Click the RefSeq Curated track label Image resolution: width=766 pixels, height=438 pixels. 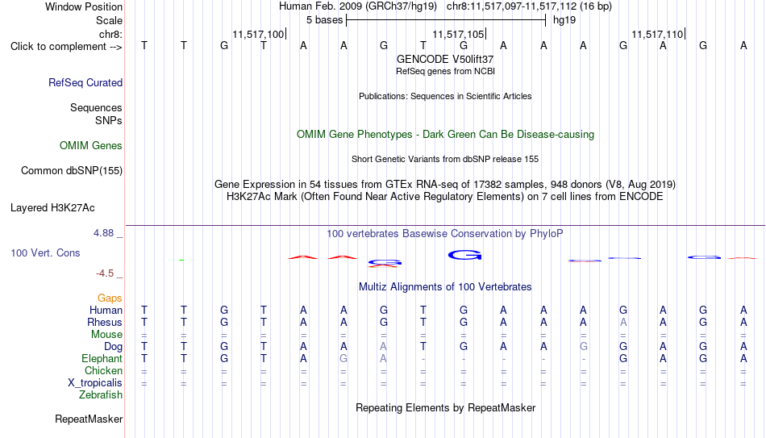coord(85,82)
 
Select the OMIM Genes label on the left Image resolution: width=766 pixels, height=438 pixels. coord(91,146)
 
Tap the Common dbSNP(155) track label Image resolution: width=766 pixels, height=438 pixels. coord(72,171)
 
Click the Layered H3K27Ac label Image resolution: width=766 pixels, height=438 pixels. coord(52,208)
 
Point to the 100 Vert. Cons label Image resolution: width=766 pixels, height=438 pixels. coord(45,252)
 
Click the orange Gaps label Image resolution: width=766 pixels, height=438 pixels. coord(110,298)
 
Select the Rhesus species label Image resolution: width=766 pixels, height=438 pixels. coord(105,322)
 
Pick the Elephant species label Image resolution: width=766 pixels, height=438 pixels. coord(102,359)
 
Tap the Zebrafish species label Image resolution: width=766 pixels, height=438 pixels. coord(101,395)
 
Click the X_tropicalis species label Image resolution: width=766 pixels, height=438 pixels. coord(95,383)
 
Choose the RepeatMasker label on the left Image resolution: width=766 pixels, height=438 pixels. coord(89,419)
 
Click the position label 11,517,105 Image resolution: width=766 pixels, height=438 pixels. coord(458,34)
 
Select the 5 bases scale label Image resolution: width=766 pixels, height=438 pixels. coord(324,20)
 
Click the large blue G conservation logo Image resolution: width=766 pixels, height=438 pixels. coord(464,255)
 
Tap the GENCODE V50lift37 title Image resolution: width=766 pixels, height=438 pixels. coord(445,59)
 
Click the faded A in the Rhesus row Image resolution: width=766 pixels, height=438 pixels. coord(623,322)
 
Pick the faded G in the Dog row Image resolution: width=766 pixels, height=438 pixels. coord(583,347)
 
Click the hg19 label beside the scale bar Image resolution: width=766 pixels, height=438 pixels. coord(564,20)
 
